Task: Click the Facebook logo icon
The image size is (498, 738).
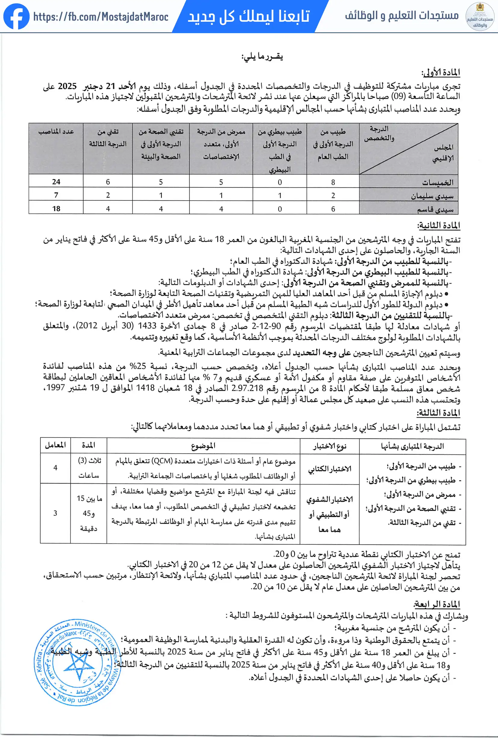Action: (x=16, y=16)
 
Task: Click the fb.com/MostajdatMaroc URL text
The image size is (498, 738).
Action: (x=101, y=17)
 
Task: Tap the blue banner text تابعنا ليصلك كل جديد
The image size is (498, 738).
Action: (x=249, y=16)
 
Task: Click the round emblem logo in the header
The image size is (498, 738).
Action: (x=480, y=17)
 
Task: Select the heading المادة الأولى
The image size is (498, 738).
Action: (x=440, y=72)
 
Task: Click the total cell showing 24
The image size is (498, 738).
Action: (x=56, y=182)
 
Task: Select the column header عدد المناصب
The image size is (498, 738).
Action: (x=56, y=131)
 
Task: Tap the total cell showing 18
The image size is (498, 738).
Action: (x=56, y=209)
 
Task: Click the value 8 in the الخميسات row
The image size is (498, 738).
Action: (x=333, y=182)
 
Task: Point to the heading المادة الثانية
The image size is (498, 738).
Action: (x=439, y=225)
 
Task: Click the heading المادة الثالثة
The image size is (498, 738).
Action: (x=438, y=413)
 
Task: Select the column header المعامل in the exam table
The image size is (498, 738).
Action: (x=55, y=445)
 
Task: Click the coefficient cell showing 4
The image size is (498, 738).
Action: (x=55, y=467)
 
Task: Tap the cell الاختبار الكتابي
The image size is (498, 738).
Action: (x=330, y=469)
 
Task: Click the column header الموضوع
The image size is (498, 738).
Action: (x=203, y=446)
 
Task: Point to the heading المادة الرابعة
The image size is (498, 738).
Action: (x=437, y=604)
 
